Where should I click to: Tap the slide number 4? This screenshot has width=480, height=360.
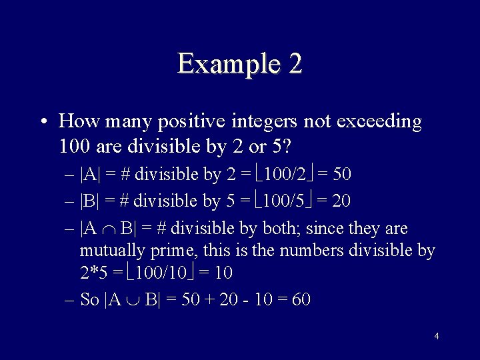tap(436, 336)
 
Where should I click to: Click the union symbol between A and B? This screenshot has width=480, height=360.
tap(133, 299)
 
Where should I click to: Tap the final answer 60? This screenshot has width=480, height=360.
tap(301, 299)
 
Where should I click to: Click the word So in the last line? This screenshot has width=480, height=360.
tap(89, 299)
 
